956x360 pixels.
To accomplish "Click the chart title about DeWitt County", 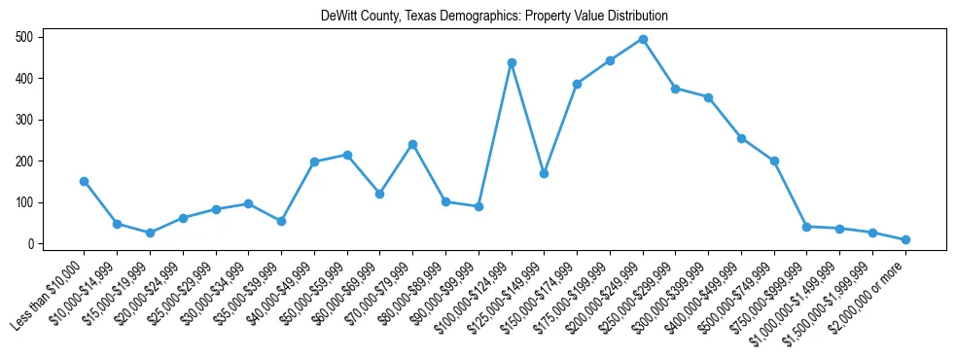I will pos(494,17).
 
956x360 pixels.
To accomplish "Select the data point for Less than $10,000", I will pos(84,181).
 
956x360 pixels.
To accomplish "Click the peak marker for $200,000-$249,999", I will pos(643,39).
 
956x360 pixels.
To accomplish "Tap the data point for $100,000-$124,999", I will pos(512,62).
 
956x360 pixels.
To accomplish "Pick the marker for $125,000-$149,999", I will pos(545,173).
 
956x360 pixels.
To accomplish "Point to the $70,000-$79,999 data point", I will pos(412,144).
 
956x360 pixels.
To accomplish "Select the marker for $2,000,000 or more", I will pos(905,239).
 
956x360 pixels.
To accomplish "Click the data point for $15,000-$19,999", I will pos(150,233).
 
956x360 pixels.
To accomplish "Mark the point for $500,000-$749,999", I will pos(774,161).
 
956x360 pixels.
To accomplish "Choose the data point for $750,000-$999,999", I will pos(807,227).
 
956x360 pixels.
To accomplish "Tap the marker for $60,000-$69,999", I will pos(379,194).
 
